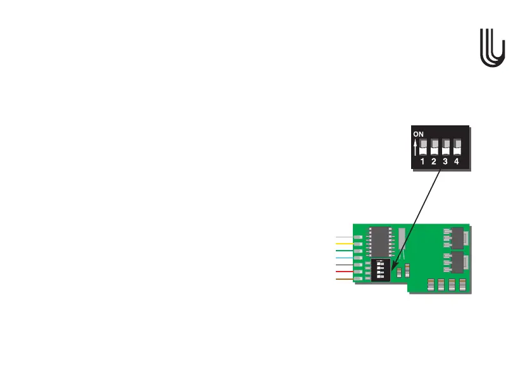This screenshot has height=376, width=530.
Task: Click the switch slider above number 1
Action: coord(423,147)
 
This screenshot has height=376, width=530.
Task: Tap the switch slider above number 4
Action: coord(457,147)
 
